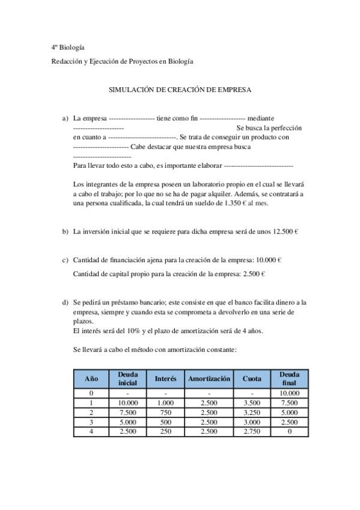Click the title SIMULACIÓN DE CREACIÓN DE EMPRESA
pyautogui.click(x=180, y=89)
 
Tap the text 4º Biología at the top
pyautogui.click(x=67, y=47)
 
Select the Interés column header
pyautogui.click(x=165, y=379)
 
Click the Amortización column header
pyautogui.click(x=209, y=379)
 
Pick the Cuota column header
pyautogui.click(x=252, y=379)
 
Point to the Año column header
pyautogui.click(x=91, y=379)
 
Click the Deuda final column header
pyautogui.click(x=290, y=379)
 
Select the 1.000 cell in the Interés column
pyautogui.click(x=165, y=403)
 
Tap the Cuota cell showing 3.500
pyautogui.click(x=252, y=403)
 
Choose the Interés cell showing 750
pyautogui.click(x=165, y=413)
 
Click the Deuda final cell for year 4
pyautogui.click(x=290, y=432)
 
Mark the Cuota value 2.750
pyautogui.click(x=252, y=432)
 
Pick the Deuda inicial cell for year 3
pyautogui.click(x=127, y=422)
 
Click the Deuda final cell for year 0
pyautogui.click(x=290, y=393)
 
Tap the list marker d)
pyautogui.click(x=65, y=302)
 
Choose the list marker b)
pyautogui.click(x=65, y=231)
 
